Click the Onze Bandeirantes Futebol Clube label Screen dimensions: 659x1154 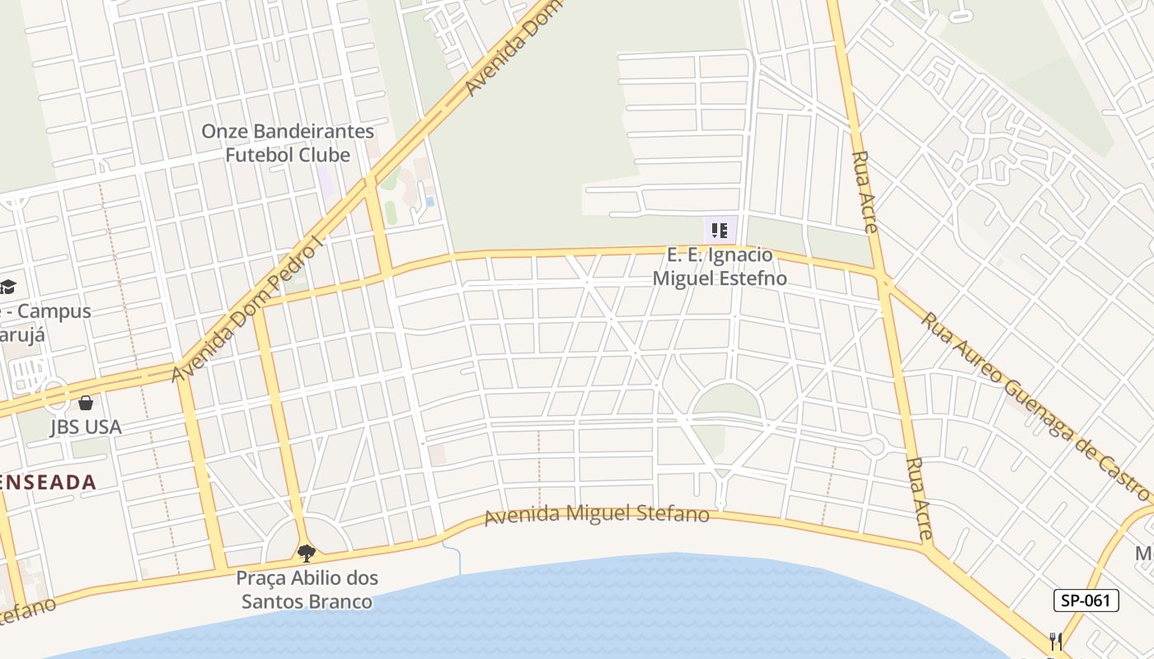click(x=287, y=143)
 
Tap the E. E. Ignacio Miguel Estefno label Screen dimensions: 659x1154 click(x=719, y=267)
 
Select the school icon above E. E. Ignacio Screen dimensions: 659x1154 click(x=719, y=231)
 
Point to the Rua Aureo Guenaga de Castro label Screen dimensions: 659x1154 click(x=1034, y=405)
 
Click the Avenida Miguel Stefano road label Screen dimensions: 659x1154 click(x=596, y=515)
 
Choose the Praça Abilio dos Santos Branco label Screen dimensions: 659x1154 click(x=307, y=590)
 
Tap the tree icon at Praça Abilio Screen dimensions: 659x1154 click(x=307, y=553)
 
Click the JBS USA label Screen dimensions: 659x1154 click(x=85, y=427)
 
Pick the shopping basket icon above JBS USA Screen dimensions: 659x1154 click(x=86, y=403)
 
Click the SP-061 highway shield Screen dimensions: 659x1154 click(x=1086, y=601)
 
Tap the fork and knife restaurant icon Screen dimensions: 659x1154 click(x=1056, y=641)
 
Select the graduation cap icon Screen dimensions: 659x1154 click(x=7, y=287)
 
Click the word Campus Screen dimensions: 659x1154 click(x=54, y=311)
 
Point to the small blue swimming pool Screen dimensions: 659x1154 click(x=429, y=201)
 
